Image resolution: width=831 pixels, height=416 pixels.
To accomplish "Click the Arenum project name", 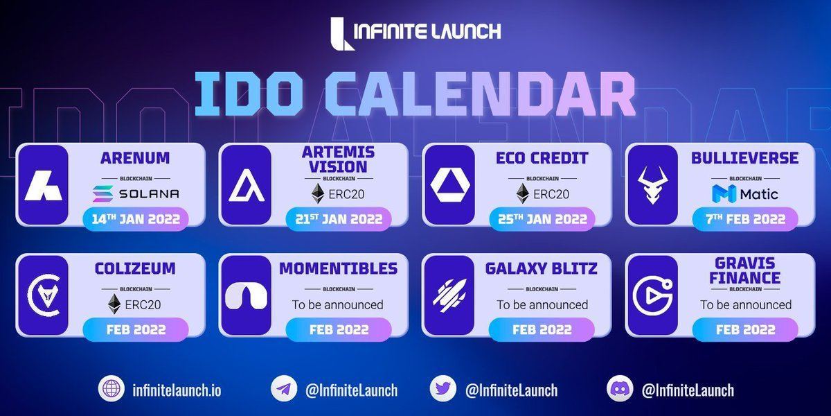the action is pos(135,158).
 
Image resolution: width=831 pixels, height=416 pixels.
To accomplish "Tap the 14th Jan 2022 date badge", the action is pos(136,219).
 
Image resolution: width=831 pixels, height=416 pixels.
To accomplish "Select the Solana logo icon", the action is pos(102,193).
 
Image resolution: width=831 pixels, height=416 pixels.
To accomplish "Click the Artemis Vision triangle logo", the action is pos(247,185).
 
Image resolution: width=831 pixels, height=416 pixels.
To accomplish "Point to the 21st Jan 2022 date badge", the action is pos(339,219).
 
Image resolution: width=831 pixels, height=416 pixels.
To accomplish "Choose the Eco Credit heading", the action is pos(542,158).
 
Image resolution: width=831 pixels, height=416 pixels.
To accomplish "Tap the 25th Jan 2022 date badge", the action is pos(542,219).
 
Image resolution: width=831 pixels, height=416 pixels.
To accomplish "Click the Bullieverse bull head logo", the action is pos(652,184).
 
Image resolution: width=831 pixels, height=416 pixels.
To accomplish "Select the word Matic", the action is pos(759,194).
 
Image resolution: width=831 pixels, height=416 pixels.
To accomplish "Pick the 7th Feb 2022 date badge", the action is pos(745,219).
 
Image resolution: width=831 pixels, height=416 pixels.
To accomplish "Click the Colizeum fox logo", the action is pos(44,295).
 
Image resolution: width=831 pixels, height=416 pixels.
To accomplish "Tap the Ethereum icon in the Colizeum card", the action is pos(114,304).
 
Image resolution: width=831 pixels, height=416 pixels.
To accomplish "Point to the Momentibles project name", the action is pos(339,268).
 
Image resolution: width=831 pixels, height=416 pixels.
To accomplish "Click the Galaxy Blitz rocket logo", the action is pos(449,295).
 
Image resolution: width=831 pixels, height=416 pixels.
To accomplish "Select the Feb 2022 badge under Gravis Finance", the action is pos(745,329).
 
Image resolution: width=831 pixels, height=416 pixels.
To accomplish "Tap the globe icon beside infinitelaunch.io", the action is pos(111,389).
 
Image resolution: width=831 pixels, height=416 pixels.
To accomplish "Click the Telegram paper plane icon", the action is pos(284,389).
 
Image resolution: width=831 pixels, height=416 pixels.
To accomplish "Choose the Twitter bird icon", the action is pos(443,389).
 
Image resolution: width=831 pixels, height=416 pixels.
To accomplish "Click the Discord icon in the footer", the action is pos(620,389).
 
